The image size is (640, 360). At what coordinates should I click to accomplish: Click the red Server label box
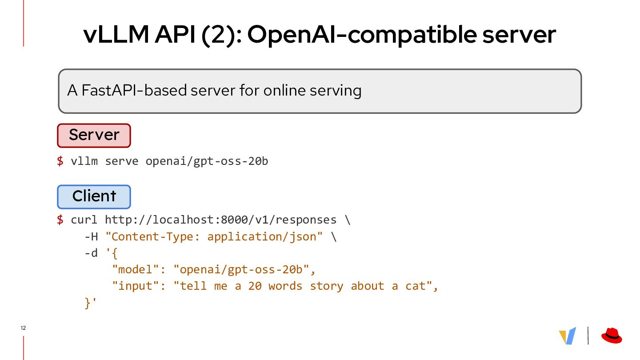pos(94,135)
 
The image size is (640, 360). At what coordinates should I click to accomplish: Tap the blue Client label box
pos(94,196)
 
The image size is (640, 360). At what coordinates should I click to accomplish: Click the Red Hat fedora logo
pos(612,336)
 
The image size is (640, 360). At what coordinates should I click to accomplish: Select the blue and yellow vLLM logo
pos(568,336)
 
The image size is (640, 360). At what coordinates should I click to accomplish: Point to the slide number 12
pos(23,328)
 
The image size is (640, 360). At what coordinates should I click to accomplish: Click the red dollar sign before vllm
pos(60,161)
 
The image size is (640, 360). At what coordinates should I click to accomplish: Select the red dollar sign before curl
pos(60,220)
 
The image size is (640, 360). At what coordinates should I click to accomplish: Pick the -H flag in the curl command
pos(91,236)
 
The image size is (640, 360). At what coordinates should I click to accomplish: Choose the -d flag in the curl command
pos(91,253)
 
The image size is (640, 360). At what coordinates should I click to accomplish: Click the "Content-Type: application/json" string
pos(214,236)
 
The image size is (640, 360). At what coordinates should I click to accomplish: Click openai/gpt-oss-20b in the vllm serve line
pos(207,161)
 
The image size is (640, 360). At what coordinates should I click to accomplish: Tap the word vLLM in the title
pos(116,35)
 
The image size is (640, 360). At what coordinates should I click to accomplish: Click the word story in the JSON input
pos(327,286)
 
